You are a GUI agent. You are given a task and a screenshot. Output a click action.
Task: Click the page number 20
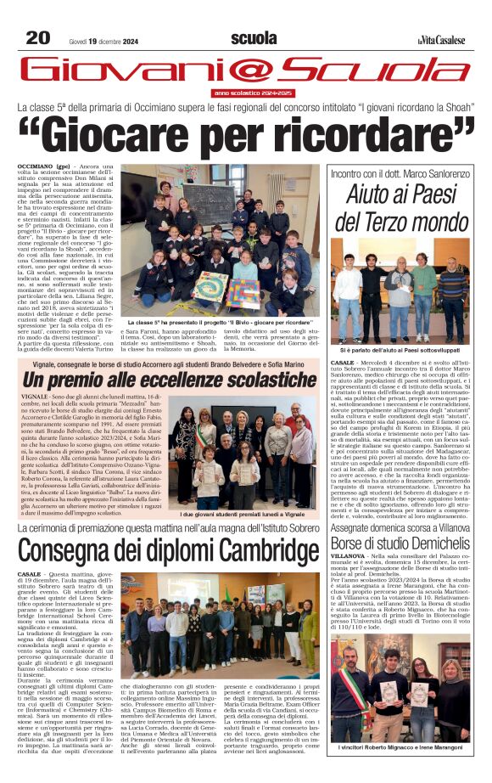(37, 37)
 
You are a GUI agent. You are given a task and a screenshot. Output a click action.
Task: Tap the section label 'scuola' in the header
(253, 38)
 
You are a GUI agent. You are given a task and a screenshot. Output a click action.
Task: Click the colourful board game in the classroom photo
(211, 287)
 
